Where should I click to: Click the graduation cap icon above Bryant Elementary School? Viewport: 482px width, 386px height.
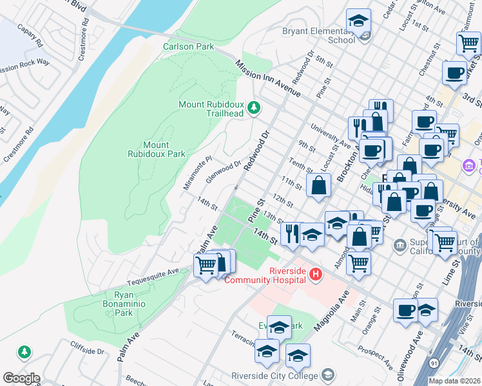click(359, 22)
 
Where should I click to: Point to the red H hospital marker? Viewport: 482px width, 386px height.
click(315, 275)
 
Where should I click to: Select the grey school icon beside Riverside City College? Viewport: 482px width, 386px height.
click(328, 375)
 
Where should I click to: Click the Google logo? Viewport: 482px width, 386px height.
click(21, 378)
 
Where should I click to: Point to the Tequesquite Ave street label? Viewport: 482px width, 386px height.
click(153, 272)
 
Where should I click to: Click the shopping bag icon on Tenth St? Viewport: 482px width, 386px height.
click(318, 186)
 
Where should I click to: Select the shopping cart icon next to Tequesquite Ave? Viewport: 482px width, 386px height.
click(206, 264)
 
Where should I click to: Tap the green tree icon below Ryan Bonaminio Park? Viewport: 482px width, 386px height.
click(24, 352)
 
